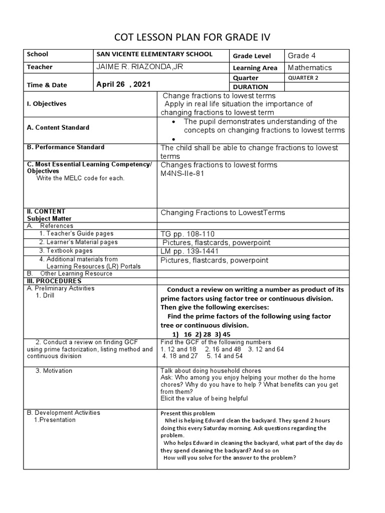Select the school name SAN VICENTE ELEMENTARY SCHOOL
[154, 55]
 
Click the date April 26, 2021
[123, 85]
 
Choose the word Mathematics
[310, 68]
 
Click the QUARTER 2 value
[303, 78]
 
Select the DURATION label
[251, 87]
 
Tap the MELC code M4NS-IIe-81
[182, 174]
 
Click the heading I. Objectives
[47, 104]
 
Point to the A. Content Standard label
[58, 127]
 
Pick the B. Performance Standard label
[66, 147]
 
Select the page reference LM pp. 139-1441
[191, 251]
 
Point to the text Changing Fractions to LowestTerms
[223, 213]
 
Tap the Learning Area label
[255, 68]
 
